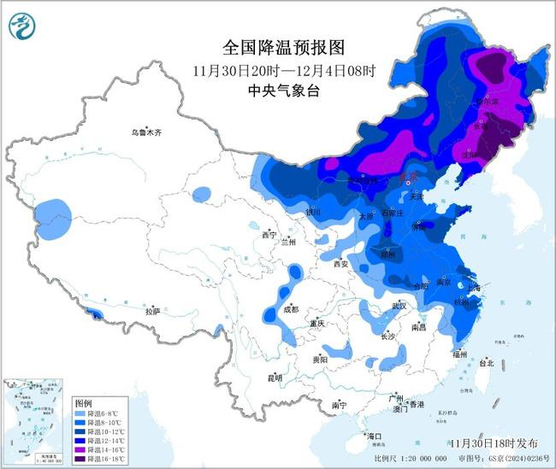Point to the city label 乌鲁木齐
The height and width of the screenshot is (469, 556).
pyautogui.click(x=146, y=132)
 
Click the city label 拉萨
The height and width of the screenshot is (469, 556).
pyautogui.click(x=152, y=312)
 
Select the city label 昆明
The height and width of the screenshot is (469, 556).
pyautogui.click(x=274, y=378)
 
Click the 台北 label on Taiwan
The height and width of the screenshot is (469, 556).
pyautogui.click(x=486, y=362)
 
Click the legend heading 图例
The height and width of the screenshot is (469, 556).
pyautogui.click(x=83, y=402)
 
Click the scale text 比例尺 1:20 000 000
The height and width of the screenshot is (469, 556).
pyautogui.click(x=416, y=459)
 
